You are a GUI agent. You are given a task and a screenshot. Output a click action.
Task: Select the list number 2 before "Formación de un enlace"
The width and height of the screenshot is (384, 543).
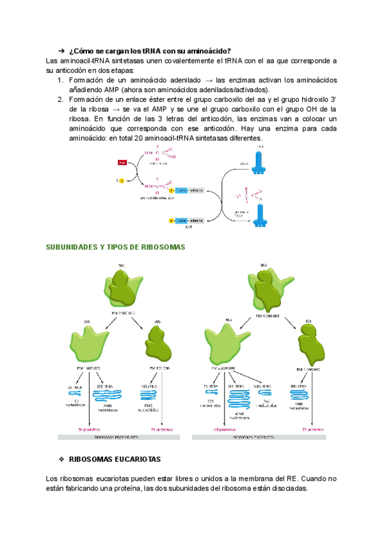[x=61, y=99]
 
